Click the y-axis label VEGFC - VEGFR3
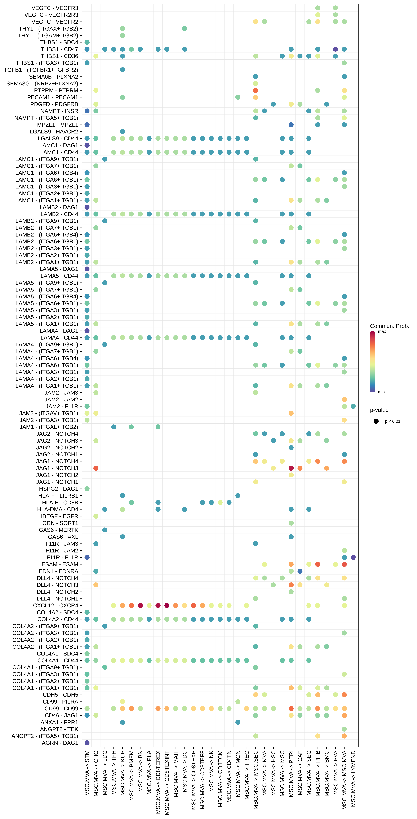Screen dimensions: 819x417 pos(55,8)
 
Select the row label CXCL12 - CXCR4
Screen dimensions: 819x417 pos(56,605)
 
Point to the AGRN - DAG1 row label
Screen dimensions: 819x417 pos(60,743)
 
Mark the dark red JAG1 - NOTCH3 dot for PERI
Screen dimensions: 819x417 pos(291,468)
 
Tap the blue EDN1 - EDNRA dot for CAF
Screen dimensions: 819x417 pos(300,571)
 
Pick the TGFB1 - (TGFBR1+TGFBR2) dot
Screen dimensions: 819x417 pos(122,70)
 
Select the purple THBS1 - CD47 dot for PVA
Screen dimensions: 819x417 pos(335,49)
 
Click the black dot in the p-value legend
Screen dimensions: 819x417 pos(376,421)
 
